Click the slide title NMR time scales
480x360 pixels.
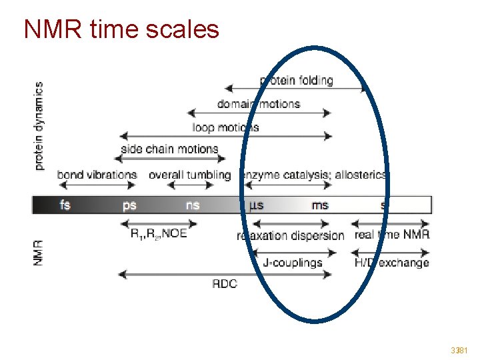coord(121,29)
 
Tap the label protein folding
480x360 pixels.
coord(296,81)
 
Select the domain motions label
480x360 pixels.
coord(259,104)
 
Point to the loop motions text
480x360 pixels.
coord(225,127)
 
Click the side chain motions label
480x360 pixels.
coord(169,149)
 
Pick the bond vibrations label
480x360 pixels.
coord(97,175)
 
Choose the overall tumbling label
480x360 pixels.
coord(189,175)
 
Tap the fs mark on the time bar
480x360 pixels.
coord(65,205)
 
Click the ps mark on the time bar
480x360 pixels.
coord(129,205)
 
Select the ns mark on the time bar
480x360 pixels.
coord(193,205)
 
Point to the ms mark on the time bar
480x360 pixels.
coord(320,205)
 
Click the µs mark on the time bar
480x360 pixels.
coord(256,205)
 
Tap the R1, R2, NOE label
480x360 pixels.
coord(159,233)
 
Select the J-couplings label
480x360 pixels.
coord(293,262)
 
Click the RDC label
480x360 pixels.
coord(225,283)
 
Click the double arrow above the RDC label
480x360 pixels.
coord(225,273)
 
